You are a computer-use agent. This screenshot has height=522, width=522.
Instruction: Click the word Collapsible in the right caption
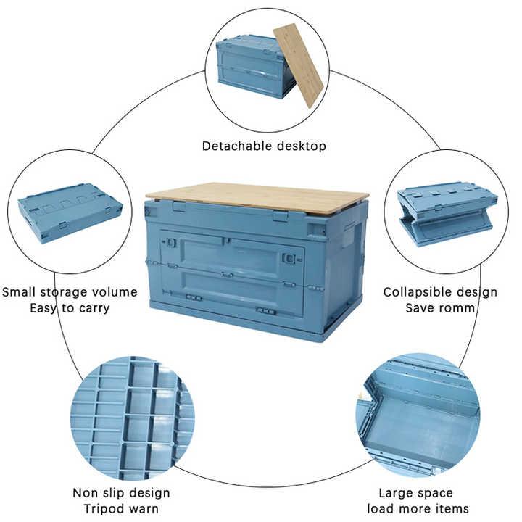pos(416,292)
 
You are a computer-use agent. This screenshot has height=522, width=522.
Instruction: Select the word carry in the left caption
pos(93,309)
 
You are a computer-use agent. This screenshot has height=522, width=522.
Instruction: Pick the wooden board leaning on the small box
pos(298,65)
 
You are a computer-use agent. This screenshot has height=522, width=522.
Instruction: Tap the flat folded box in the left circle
pos(70,213)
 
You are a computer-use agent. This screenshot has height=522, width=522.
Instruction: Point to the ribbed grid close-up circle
pos(132,418)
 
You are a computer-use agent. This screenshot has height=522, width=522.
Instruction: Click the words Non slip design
pos(121,493)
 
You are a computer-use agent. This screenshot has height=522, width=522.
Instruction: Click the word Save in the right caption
pos(420,308)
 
